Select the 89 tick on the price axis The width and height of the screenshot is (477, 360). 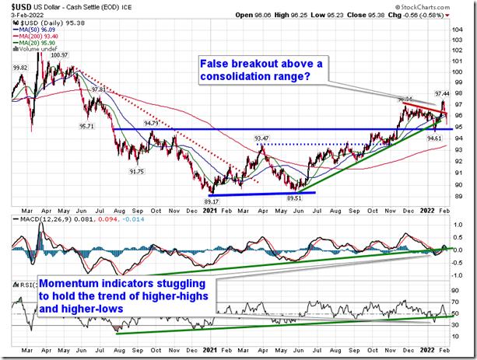click(x=461, y=195)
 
